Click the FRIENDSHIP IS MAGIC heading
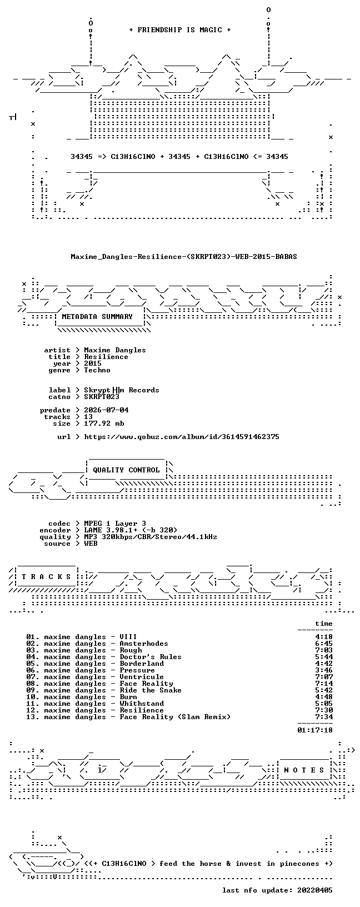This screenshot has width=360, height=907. coord(180,30)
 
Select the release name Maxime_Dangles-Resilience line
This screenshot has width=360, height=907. coord(184,257)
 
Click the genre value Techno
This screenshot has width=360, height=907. coord(97,370)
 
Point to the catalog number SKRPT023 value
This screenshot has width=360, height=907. coord(102,397)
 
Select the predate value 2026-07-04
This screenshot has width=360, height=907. coord(106,410)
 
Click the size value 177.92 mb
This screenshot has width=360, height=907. coord(104,423)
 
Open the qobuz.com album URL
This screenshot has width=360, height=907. coord(182,437)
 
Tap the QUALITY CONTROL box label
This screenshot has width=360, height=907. coord(126,470)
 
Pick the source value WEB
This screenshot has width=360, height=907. coord(91,544)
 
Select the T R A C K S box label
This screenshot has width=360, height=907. coord(46,576)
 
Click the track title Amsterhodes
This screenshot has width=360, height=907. coord(144,644)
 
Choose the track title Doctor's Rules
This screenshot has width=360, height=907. coord(151,657)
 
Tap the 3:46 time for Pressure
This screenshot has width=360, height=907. coord(324,671)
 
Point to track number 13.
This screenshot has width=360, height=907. coord(33,717)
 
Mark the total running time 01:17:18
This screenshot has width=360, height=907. coord(315,730)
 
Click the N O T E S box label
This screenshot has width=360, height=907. coord(304,770)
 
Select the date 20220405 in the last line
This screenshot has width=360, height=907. coord(315,890)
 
